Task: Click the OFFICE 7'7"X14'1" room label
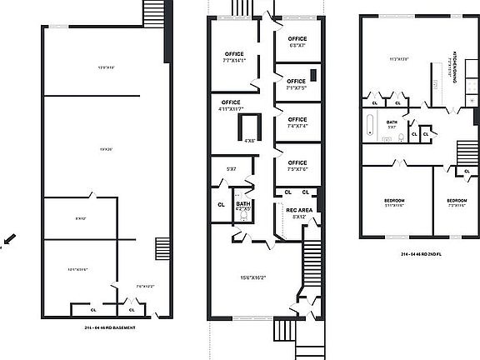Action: [232, 57]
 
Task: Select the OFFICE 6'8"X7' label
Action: [297, 42]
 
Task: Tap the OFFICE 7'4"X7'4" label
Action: [297, 122]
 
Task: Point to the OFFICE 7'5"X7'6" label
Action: [297, 165]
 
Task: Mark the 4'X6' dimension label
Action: [250, 140]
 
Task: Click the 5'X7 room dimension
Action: [231, 169]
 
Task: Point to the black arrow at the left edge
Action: [7, 239]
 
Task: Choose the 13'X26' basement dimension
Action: [105, 149]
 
